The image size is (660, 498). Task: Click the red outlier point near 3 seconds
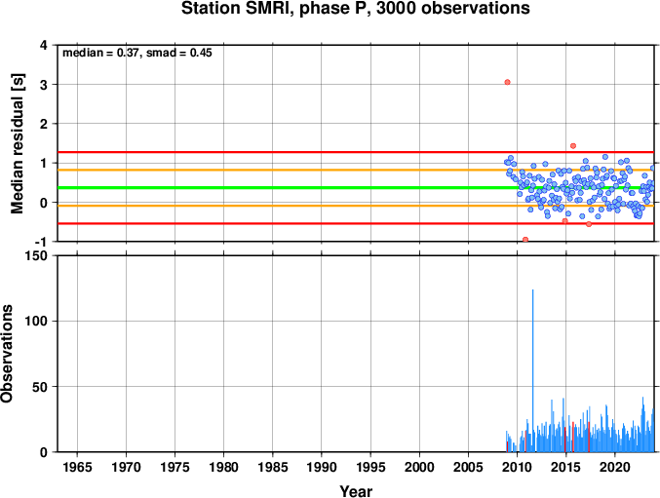(x=507, y=82)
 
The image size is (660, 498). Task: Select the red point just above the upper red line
(x=573, y=146)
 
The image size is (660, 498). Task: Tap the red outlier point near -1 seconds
(x=525, y=240)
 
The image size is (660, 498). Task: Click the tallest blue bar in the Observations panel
(x=533, y=370)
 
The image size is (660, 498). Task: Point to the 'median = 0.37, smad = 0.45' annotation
(x=137, y=53)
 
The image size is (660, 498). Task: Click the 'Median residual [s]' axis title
(x=18, y=144)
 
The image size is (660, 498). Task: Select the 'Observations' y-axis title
(x=6, y=354)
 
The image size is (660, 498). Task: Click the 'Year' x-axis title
(x=356, y=491)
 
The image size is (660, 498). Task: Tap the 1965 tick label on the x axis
(x=77, y=467)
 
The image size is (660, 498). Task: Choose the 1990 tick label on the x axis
(x=322, y=467)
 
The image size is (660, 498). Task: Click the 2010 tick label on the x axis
(x=517, y=467)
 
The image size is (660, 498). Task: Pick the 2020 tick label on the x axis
(x=614, y=467)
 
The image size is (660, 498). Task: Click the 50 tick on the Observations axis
(x=40, y=387)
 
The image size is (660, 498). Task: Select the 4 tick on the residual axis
(x=44, y=45)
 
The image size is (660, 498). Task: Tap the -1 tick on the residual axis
(x=41, y=242)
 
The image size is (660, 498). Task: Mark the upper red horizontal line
(x=356, y=152)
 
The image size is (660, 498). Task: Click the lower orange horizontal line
(x=356, y=206)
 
